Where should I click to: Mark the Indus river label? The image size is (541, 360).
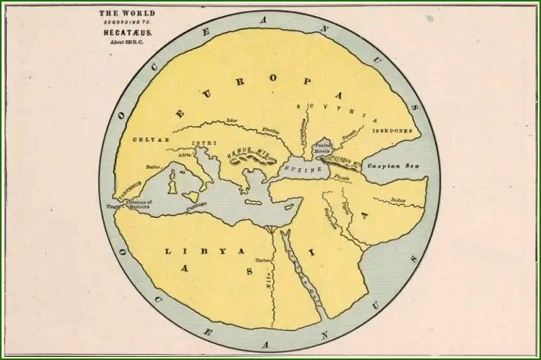pos(398,200)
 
